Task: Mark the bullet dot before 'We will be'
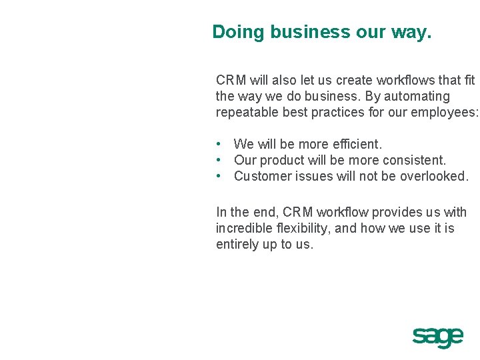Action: point(219,144)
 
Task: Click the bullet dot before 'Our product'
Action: point(219,160)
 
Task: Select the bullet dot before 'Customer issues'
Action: point(219,176)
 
